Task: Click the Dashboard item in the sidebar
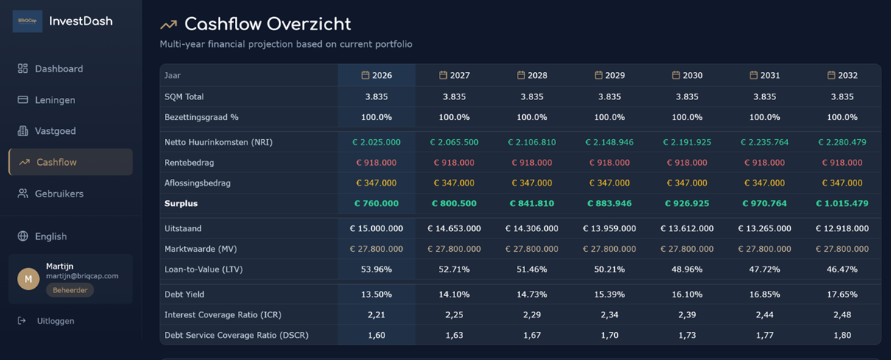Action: (x=58, y=68)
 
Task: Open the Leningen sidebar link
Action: (x=54, y=100)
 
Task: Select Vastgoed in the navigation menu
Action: (x=54, y=131)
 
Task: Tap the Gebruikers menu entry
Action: (x=58, y=194)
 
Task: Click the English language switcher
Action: (x=50, y=236)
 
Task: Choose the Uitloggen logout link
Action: (x=54, y=321)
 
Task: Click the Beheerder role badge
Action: (x=70, y=290)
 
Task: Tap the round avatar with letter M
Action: (x=28, y=278)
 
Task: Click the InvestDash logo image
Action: (x=27, y=21)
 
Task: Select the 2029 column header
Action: (x=609, y=75)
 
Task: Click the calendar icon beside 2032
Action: (x=831, y=75)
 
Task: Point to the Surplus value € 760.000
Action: (x=376, y=203)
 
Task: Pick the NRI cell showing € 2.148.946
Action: (x=609, y=142)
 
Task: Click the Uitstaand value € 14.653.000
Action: (x=454, y=228)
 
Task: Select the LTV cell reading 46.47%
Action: (x=842, y=269)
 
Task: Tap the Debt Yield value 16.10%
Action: (x=687, y=294)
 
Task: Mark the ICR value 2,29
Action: (x=532, y=314)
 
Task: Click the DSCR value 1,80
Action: (x=842, y=335)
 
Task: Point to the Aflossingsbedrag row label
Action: (x=197, y=183)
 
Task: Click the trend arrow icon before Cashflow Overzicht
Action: (x=169, y=25)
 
